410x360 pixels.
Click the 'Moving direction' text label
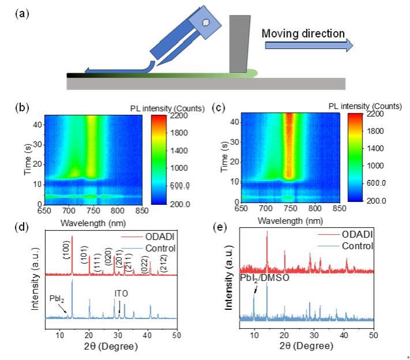303,33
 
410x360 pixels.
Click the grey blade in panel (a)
240,44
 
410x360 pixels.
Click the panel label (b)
23,107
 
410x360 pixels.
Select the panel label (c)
219,107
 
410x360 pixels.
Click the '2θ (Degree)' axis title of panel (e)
307,347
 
